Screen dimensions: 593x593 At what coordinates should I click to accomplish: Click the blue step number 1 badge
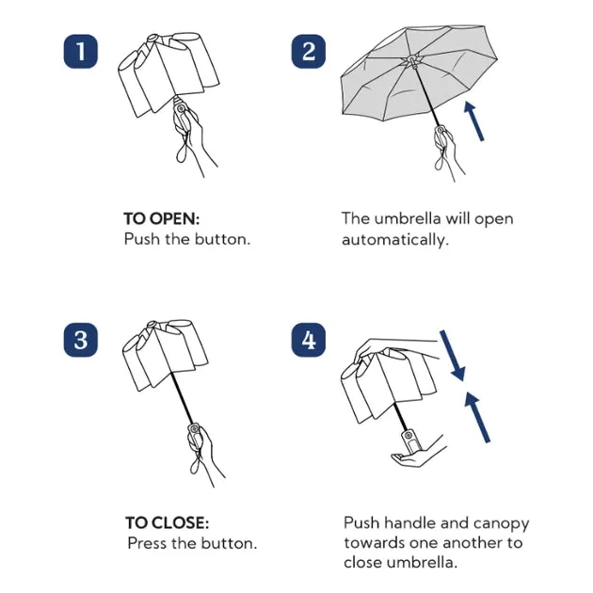(x=81, y=52)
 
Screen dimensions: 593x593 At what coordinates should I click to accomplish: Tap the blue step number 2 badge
(x=308, y=52)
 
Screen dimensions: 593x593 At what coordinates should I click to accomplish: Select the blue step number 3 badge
(x=81, y=340)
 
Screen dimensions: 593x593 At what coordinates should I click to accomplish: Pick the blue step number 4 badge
(x=308, y=340)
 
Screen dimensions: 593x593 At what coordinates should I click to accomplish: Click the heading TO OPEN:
(x=162, y=219)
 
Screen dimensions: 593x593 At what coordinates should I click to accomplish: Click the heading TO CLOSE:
(x=167, y=523)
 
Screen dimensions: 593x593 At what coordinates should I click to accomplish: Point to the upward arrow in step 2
(x=473, y=121)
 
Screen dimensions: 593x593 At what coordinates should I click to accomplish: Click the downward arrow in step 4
(x=453, y=356)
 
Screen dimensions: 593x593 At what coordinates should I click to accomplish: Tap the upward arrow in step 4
(x=477, y=417)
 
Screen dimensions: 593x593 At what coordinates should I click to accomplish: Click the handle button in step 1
(x=181, y=109)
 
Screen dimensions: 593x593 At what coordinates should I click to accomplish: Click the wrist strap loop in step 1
(x=183, y=149)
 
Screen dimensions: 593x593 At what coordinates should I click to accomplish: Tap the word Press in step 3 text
(x=147, y=543)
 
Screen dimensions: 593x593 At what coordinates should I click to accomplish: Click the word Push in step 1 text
(x=141, y=239)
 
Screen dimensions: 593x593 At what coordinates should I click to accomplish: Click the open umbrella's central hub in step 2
(x=412, y=60)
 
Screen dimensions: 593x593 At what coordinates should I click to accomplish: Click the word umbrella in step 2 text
(x=408, y=219)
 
